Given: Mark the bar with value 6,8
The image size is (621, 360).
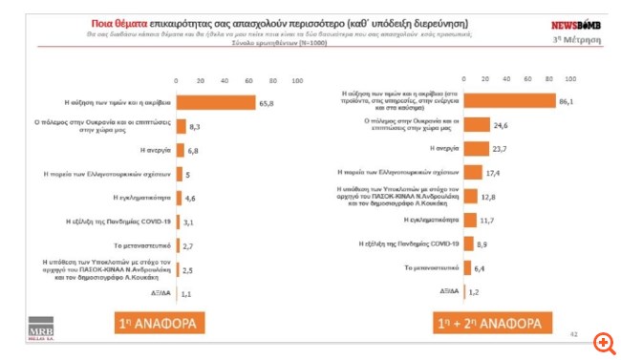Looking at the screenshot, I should click(179, 150).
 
